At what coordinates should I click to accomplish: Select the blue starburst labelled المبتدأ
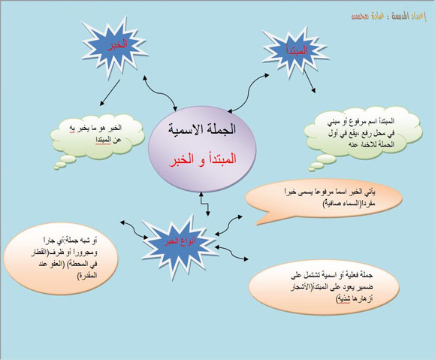(x=289, y=50)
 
